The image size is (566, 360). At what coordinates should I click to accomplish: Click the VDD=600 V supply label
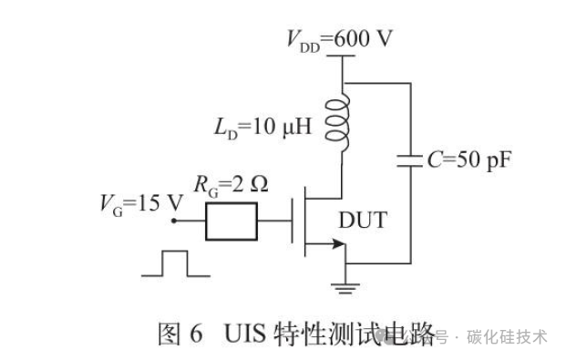pyautogui.click(x=339, y=40)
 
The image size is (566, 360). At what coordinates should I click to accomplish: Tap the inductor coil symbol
pyautogui.click(x=338, y=122)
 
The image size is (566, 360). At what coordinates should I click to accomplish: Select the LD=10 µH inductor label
pyautogui.click(x=262, y=128)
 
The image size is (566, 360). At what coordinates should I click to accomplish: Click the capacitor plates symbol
pyautogui.click(x=410, y=161)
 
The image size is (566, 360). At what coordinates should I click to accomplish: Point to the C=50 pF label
pyautogui.click(x=469, y=160)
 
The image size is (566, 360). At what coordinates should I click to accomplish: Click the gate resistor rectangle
pyautogui.click(x=232, y=221)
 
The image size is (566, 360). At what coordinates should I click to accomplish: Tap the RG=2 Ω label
pyautogui.click(x=231, y=185)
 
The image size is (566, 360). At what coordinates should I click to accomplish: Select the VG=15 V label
pyautogui.click(x=141, y=204)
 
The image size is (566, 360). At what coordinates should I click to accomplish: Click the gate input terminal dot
pyautogui.click(x=174, y=221)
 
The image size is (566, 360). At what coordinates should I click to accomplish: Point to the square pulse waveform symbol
pyautogui.click(x=175, y=263)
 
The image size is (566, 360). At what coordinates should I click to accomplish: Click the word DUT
pyautogui.click(x=363, y=220)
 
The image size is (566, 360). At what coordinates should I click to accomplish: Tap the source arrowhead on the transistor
pyautogui.click(x=338, y=243)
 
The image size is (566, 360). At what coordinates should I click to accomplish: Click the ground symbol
pyautogui.click(x=345, y=289)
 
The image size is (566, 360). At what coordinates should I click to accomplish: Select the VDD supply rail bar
pyautogui.click(x=341, y=56)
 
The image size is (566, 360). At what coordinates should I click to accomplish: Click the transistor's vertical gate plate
pyautogui.click(x=292, y=221)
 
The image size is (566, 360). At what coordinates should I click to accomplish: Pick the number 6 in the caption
pyautogui.click(x=196, y=334)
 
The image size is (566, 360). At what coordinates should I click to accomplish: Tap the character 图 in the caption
pyautogui.click(x=169, y=334)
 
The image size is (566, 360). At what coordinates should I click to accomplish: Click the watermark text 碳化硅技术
pyautogui.click(x=507, y=337)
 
